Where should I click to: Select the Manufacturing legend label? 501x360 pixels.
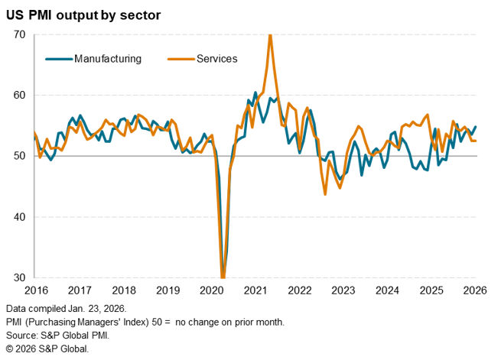coord(108,59)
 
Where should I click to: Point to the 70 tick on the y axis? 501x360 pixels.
coord(19,34)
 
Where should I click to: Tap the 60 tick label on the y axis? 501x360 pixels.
coord(19,96)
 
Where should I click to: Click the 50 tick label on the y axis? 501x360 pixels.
coord(19,156)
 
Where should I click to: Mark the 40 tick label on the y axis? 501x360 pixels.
coord(19,217)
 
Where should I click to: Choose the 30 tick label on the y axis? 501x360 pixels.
coord(19,277)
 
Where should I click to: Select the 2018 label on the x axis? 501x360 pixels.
coord(123,290)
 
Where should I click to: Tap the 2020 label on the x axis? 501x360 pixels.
coord(212,290)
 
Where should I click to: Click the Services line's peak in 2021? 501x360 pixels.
coord(270,35)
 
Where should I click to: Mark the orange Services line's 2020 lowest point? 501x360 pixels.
coord(223,277)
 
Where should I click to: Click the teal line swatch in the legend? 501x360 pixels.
coord(59,59)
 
